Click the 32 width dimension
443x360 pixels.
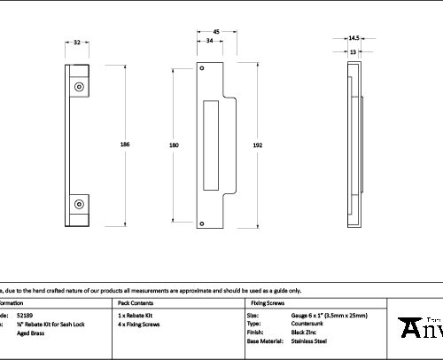77,42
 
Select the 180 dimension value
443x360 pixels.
174,144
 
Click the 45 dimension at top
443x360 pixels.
215,31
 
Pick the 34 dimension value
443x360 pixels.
209,41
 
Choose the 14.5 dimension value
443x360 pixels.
354,38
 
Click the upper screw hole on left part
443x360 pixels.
79,87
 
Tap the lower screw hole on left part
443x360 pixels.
79,204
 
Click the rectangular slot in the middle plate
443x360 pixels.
211,144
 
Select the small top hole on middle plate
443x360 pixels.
202,68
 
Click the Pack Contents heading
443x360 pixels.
136,302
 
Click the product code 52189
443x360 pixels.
25,316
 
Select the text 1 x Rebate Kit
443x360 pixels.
136,316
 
